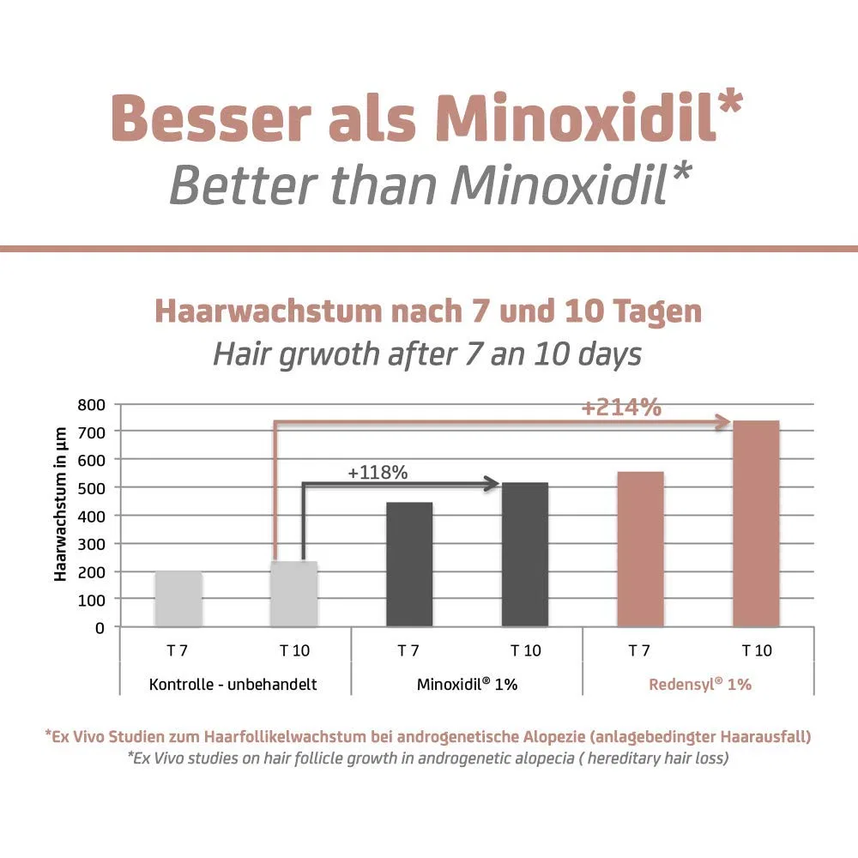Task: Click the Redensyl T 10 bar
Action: point(756,523)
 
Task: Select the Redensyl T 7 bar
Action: point(640,549)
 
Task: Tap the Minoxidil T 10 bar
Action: point(525,555)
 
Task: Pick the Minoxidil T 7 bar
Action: point(409,565)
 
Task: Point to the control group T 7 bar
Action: point(178,599)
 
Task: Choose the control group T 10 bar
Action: point(293,595)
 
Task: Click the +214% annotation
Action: point(621,408)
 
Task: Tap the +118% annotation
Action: point(378,472)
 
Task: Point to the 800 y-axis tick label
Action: point(92,405)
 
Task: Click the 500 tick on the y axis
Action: point(92,489)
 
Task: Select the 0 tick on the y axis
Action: point(100,628)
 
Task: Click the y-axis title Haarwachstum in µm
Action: point(60,504)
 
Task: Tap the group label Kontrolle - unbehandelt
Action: point(233,685)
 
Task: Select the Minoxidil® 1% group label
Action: point(468,685)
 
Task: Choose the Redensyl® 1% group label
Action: point(700,685)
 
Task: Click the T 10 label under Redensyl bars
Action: point(757,650)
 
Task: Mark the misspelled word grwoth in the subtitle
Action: point(329,354)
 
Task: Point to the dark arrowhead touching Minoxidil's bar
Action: point(492,484)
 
